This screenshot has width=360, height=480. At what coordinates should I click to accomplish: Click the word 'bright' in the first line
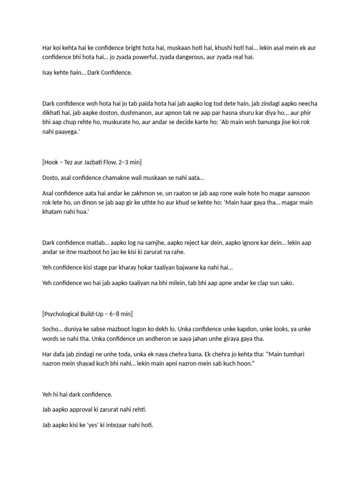point(136,47)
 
